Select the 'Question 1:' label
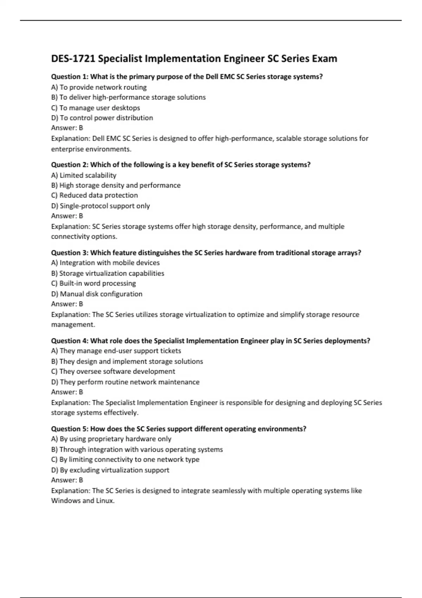pos(70,77)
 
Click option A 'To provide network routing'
pos(99,87)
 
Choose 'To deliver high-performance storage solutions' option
pos(128,97)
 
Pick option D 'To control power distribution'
pos(102,118)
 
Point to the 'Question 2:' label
pos(70,165)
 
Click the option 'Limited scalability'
pos(84,175)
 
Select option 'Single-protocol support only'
pos(101,206)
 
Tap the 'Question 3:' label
pos(70,253)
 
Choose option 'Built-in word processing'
pos(94,284)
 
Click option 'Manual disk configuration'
pos(97,294)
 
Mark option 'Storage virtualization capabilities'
pos(108,273)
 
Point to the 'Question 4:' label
pos(70,341)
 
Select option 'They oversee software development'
pos(113,371)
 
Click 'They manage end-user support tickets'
pos(116,351)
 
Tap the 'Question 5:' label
pos(70,429)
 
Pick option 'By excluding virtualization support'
pos(110,470)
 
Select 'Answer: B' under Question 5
pos(67,480)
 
